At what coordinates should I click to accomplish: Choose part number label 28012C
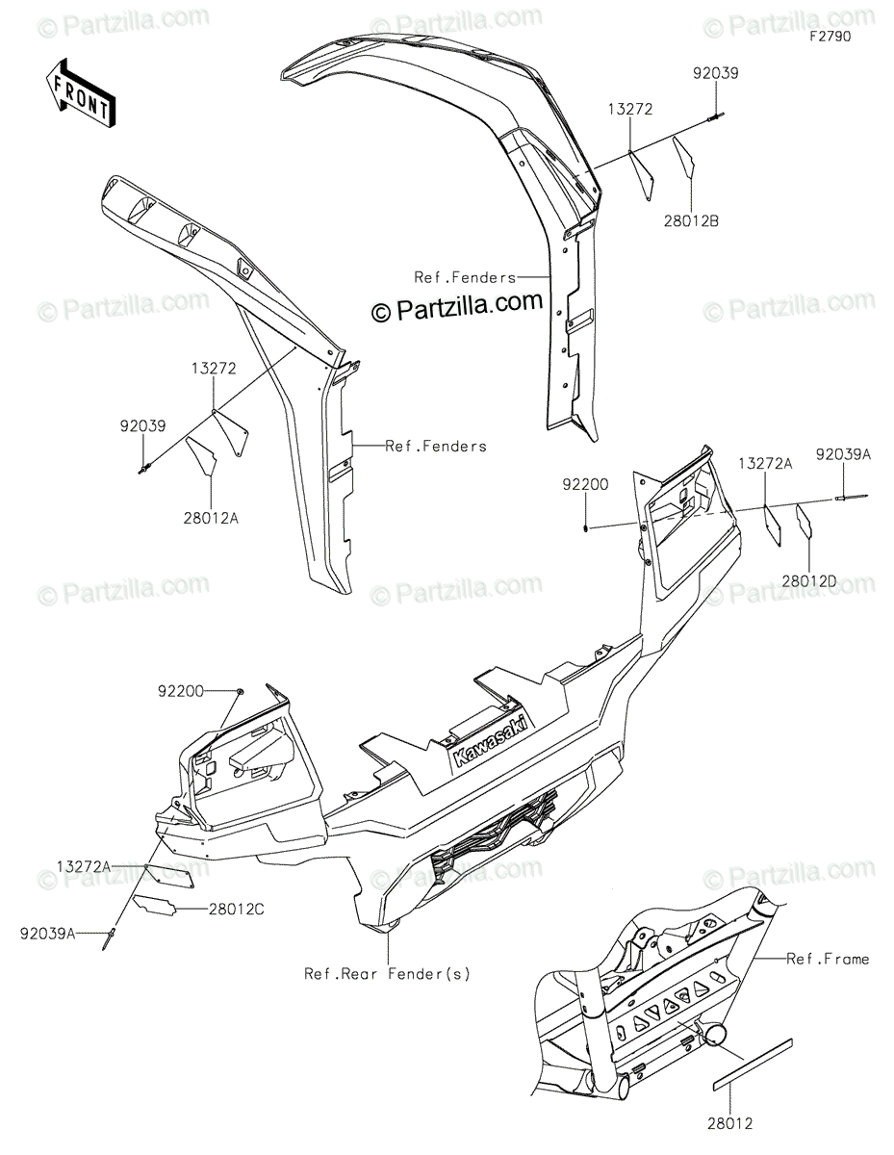pos(235,909)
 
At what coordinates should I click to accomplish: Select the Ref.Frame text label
pos(828,959)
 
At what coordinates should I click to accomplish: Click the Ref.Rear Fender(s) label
pos(388,973)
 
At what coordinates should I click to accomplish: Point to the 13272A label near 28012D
pos(765,464)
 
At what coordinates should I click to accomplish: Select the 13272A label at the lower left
pos(83,867)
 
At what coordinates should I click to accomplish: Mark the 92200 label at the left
pos(182,691)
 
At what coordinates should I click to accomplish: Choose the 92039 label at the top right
pos(714,72)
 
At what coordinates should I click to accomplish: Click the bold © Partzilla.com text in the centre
pos(458,305)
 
